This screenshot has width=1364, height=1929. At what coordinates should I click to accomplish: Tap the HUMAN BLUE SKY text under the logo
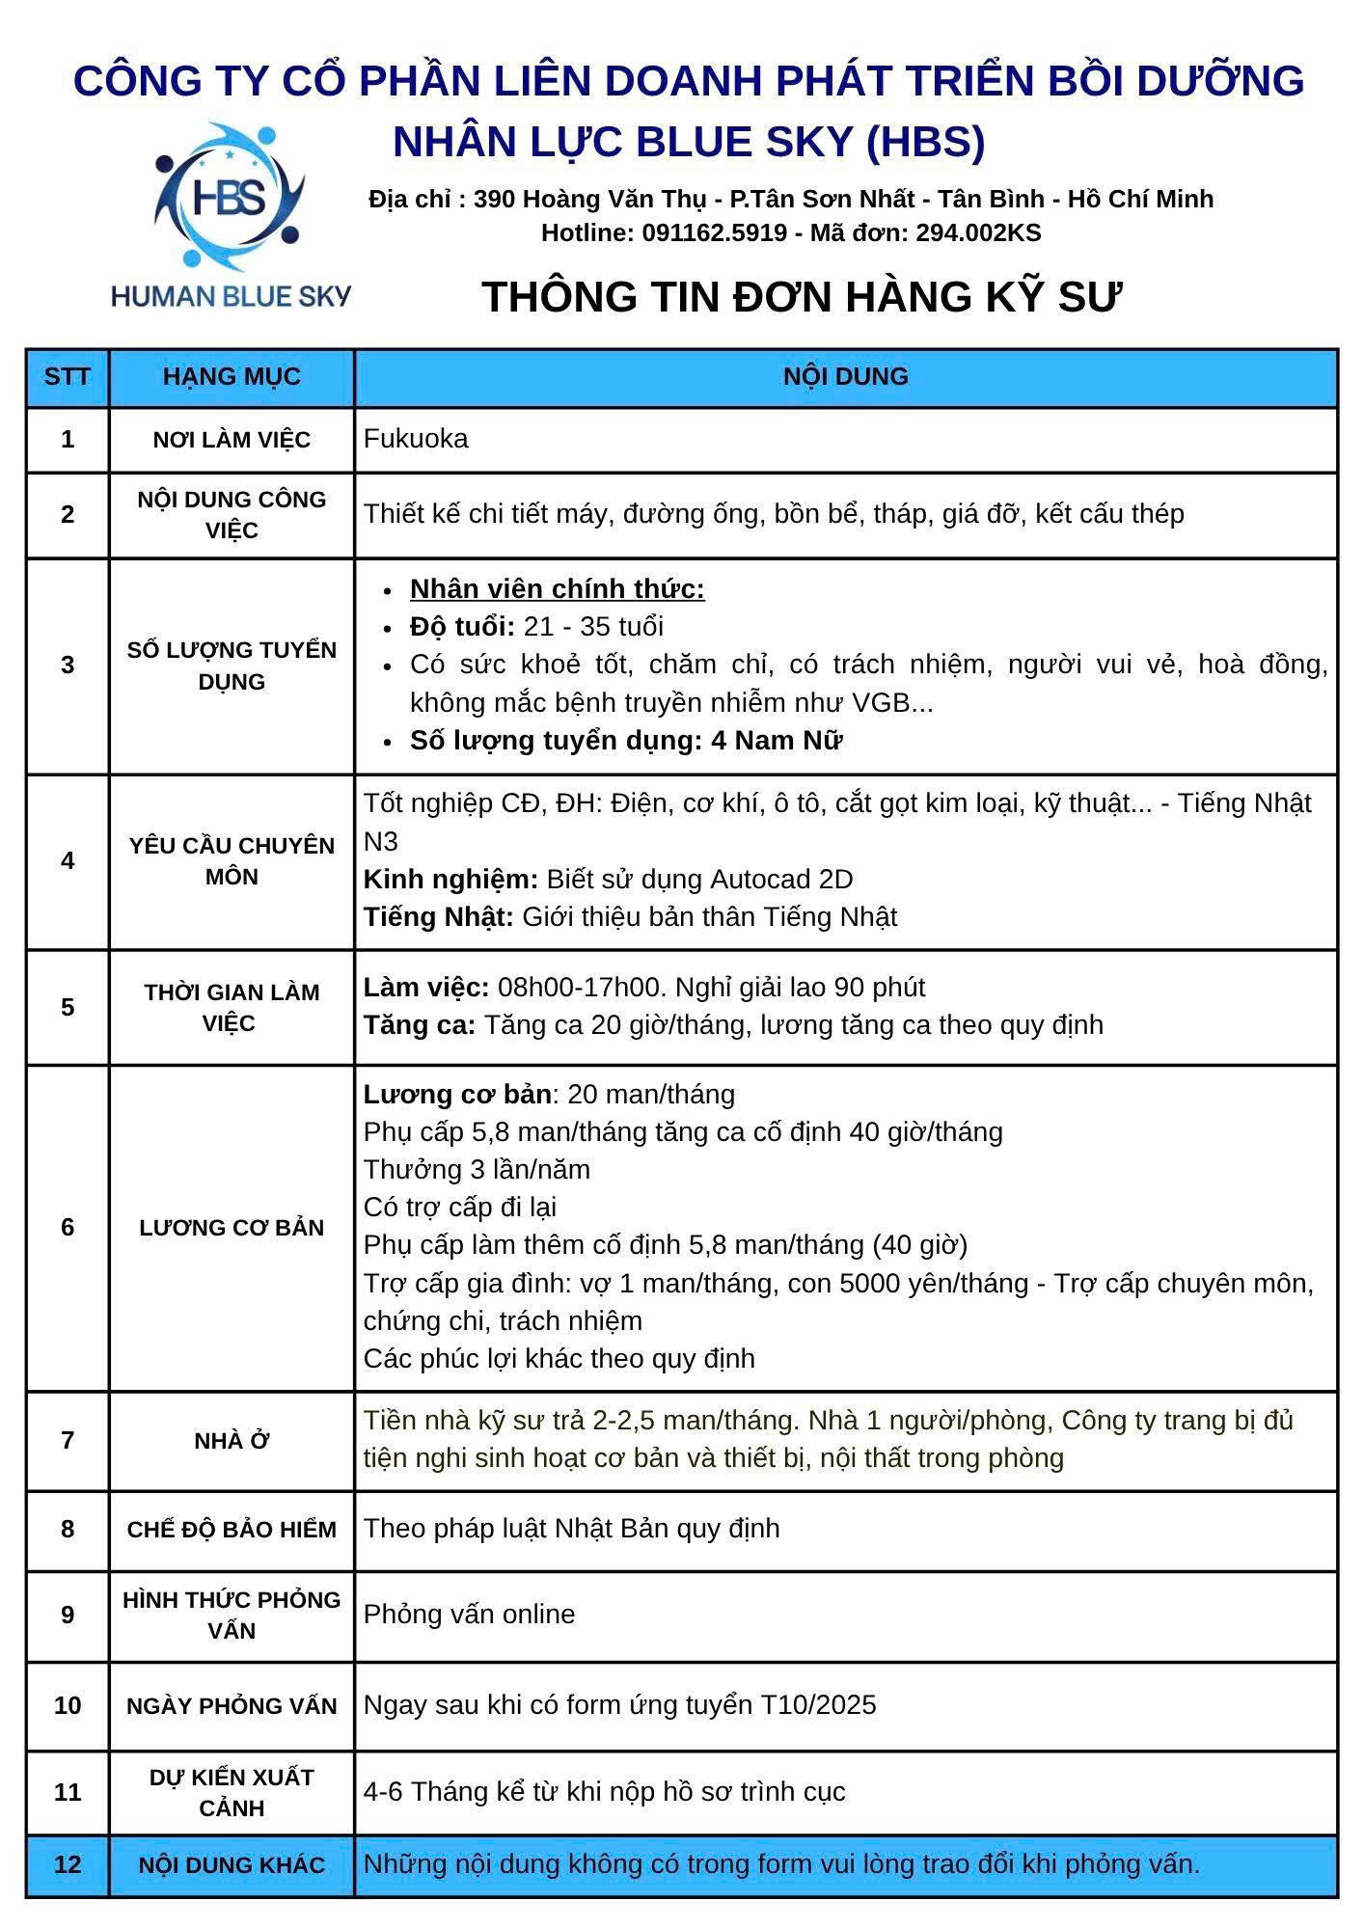(x=231, y=296)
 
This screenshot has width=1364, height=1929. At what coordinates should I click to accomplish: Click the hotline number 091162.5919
(x=714, y=232)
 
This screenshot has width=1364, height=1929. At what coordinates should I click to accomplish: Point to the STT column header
(x=68, y=376)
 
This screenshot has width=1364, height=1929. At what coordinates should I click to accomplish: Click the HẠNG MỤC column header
(x=232, y=376)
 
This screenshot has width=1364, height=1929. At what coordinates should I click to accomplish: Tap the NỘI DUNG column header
(x=845, y=376)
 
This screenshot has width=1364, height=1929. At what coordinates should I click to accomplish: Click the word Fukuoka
(x=416, y=439)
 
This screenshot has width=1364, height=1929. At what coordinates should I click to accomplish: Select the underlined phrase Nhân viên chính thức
(x=557, y=589)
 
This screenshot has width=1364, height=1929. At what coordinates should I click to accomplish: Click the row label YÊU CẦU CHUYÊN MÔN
(x=232, y=861)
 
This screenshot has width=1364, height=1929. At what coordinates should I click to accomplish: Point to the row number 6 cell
(x=68, y=1227)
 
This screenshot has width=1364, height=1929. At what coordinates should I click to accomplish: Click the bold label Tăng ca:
(x=420, y=1024)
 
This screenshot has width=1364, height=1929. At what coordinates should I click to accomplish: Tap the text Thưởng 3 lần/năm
(x=477, y=1170)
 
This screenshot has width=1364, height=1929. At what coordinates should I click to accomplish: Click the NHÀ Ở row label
(x=232, y=1441)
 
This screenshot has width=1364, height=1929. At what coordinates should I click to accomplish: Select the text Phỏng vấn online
(x=469, y=1615)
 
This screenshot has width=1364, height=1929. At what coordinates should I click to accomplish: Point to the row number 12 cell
(x=68, y=1864)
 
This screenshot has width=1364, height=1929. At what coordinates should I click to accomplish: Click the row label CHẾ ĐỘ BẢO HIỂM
(x=232, y=1530)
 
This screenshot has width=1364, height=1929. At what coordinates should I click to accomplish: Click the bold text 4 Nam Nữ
(x=777, y=741)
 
